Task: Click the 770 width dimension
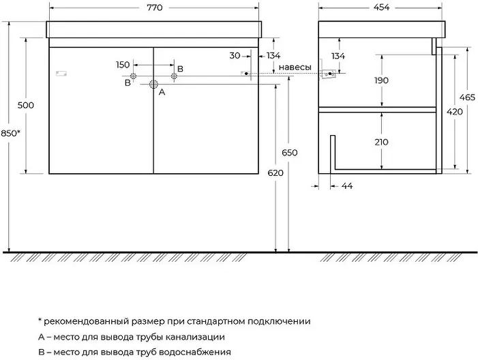click(x=155, y=7)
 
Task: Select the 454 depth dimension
click(x=381, y=7)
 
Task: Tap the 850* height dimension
click(x=10, y=133)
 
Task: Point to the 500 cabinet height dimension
click(x=26, y=106)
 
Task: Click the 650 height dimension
click(x=289, y=153)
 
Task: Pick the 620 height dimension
click(x=275, y=173)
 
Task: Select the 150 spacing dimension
click(x=123, y=65)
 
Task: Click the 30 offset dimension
click(x=235, y=56)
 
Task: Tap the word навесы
click(x=295, y=67)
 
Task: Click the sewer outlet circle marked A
click(x=153, y=85)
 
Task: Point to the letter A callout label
click(x=162, y=92)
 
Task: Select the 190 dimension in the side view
click(x=381, y=80)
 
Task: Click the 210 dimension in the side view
click(x=381, y=142)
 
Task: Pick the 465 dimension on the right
click(x=467, y=97)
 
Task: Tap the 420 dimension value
click(x=455, y=112)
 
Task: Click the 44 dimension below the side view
click(x=347, y=186)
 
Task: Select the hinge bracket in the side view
click(x=328, y=74)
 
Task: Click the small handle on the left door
click(x=61, y=74)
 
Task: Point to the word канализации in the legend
click(x=195, y=337)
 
